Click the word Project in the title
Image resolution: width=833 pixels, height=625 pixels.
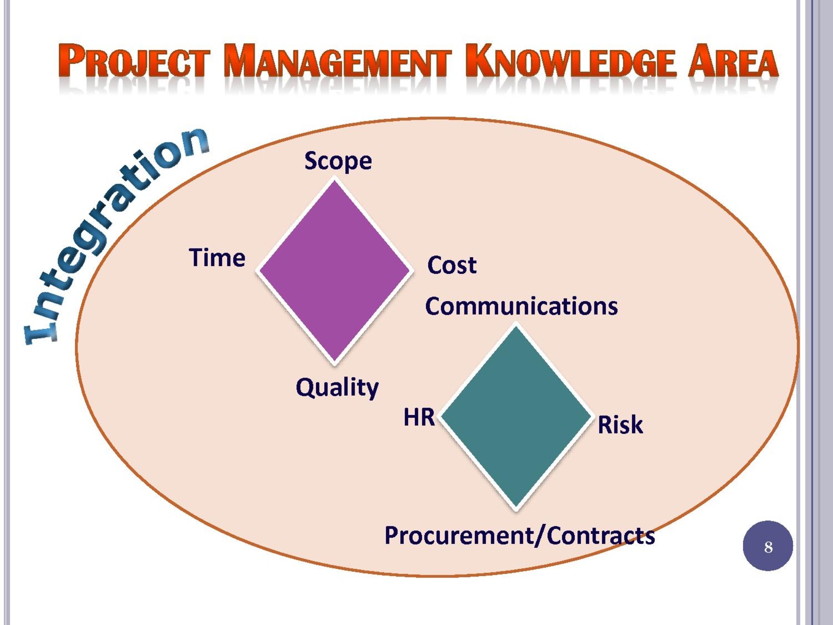click(x=134, y=61)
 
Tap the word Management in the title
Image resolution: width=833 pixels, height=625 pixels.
click(x=337, y=61)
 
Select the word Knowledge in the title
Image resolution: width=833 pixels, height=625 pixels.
click(x=571, y=61)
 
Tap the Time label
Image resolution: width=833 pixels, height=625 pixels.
click(x=217, y=258)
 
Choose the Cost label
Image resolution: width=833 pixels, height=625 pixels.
click(x=451, y=265)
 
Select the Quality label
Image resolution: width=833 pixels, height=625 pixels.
click(x=337, y=388)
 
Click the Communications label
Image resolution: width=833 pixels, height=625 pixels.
click(x=522, y=306)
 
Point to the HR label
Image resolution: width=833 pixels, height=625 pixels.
click(x=419, y=417)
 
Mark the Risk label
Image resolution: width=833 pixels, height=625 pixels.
click(x=620, y=424)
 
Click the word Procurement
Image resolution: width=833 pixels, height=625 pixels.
click(x=459, y=536)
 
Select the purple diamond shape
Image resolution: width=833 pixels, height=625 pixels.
click(x=334, y=271)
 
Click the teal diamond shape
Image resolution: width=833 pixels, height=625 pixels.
click(x=516, y=416)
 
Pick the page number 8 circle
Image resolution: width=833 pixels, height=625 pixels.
click(x=768, y=546)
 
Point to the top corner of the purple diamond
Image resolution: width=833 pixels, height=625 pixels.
click(x=334, y=181)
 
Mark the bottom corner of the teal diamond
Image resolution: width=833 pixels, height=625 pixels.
click(x=516, y=507)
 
